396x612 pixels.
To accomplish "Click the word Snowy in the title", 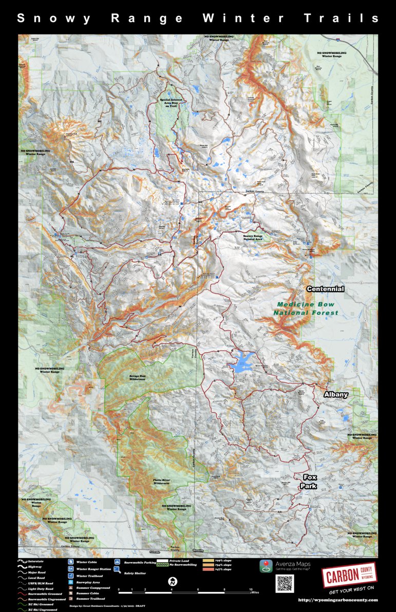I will pyautogui.click(x=54, y=18).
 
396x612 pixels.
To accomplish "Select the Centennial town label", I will pyautogui.click(x=325, y=289).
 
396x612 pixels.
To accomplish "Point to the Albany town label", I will pyautogui.click(x=336, y=394).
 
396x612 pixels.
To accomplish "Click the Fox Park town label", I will pyautogui.click(x=310, y=481).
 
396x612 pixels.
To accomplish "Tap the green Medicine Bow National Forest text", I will pyautogui.click(x=306, y=309).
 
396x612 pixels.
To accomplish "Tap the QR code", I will pyautogui.click(x=285, y=583).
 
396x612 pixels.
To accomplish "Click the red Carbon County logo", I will pyautogui.click(x=349, y=576).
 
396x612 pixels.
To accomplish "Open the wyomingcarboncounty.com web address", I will pyautogui.click(x=338, y=600).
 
